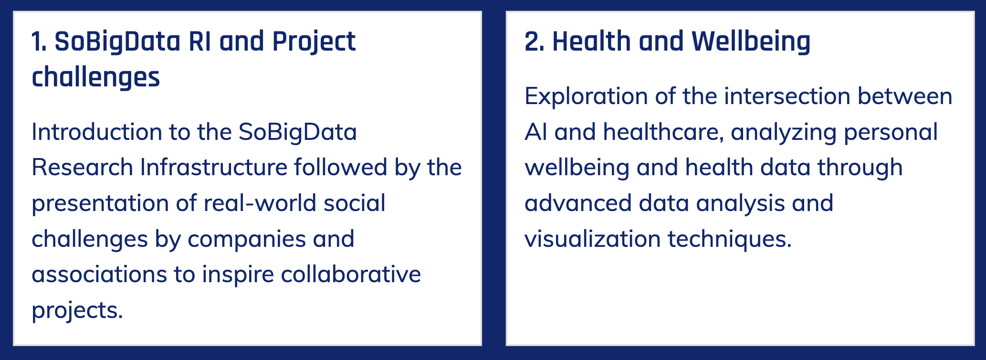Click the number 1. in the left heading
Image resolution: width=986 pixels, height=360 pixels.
(x=39, y=42)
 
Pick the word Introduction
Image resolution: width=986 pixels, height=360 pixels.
(x=97, y=132)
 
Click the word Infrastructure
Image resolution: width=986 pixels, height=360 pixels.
(x=214, y=167)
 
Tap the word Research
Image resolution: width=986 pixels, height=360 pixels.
(x=82, y=167)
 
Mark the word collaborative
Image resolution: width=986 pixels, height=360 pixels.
(x=351, y=274)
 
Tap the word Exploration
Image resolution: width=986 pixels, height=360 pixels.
(x=586, y=97)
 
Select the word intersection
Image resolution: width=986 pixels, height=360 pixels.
(x=787, y=96)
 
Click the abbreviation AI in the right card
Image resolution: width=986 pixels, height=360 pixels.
(x=536, y=132)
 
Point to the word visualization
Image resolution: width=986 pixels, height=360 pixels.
(x=592, y=239)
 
